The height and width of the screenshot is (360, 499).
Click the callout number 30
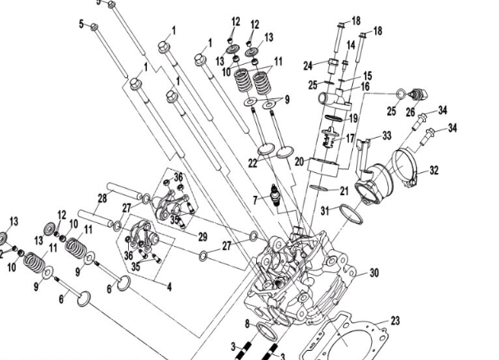point(373,272)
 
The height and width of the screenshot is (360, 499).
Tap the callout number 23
point(394,321)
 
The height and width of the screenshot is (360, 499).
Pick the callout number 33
point(387,135)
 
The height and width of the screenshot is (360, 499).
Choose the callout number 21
point(345,191)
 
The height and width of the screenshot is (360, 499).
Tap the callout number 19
point(353,119)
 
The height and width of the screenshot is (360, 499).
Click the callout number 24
point(308,65)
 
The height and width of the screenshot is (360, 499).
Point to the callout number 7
point(255,200)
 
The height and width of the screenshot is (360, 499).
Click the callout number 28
point(103,198)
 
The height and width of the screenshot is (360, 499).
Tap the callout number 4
point(169,286)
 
